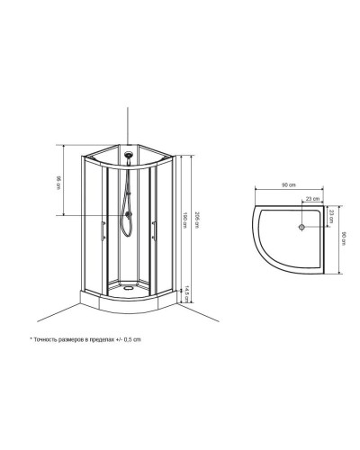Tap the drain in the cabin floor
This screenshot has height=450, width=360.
coord(131,289)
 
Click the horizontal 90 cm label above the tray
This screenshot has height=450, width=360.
coord(286,185)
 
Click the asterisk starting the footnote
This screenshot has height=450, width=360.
coord(31,340)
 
